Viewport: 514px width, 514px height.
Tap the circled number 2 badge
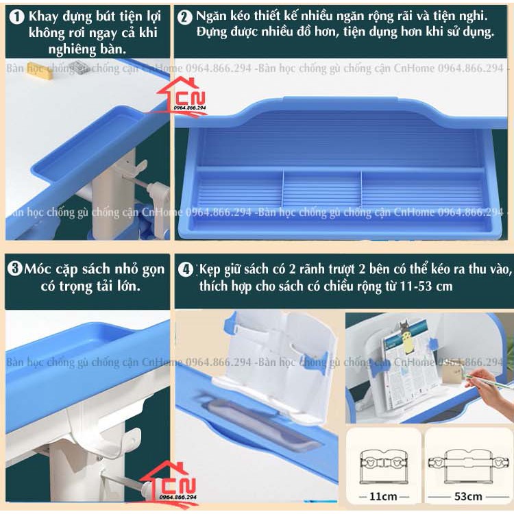[184, 17]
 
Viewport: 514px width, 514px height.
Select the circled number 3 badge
[15, 269]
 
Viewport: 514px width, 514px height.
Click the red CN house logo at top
[191, 96]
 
